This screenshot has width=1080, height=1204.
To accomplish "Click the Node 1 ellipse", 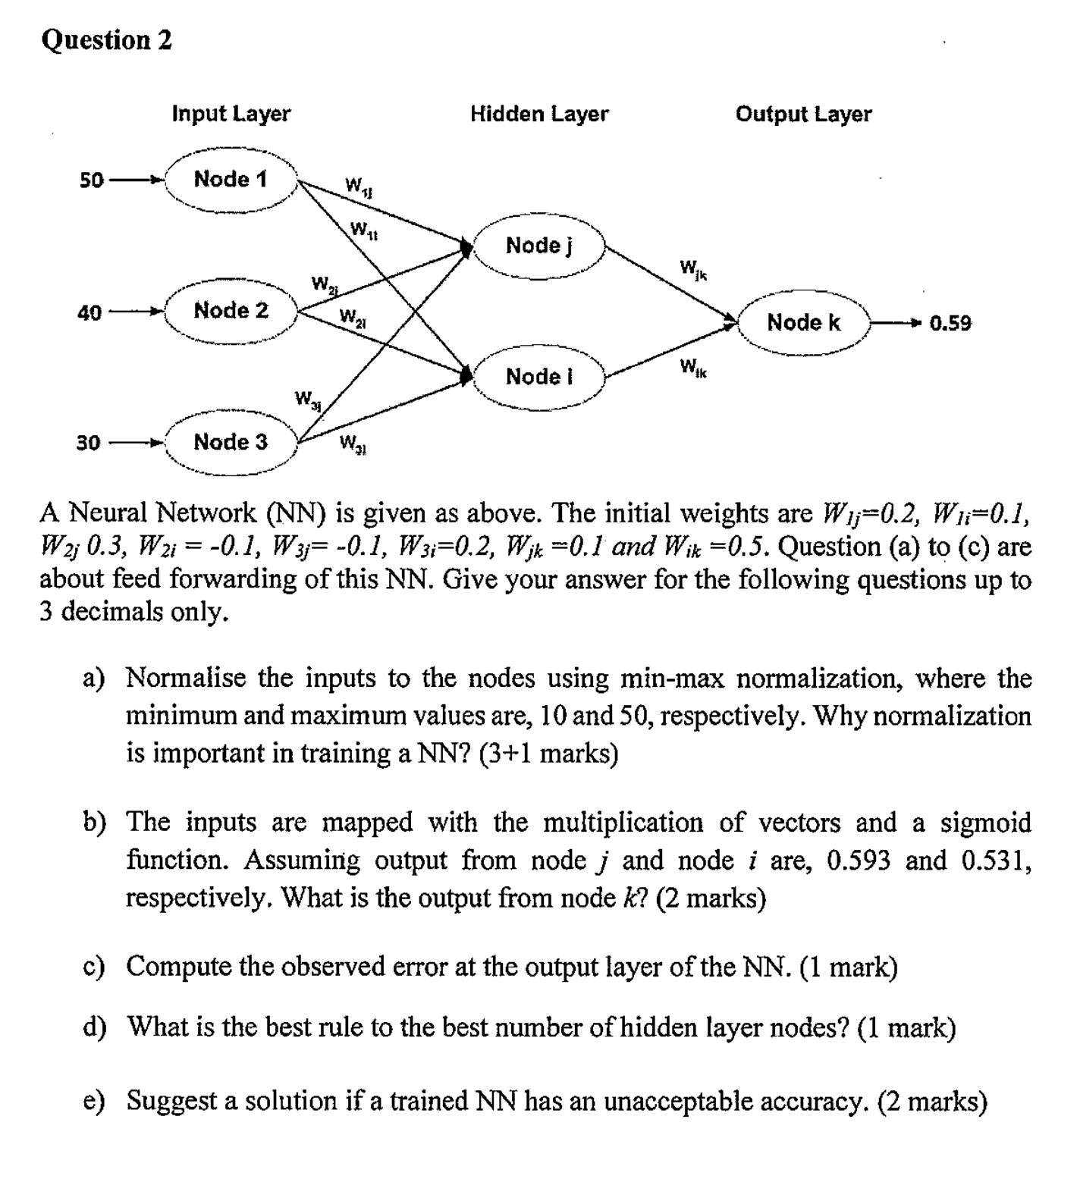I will point(231,180).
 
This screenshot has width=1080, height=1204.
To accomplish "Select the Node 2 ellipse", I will point(231,311).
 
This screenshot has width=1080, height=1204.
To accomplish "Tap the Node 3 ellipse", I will point(231,442).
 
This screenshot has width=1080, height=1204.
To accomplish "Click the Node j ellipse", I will point(539,246).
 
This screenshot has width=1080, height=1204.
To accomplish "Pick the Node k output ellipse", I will point(804,323).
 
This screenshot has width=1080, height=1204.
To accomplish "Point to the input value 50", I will point(91,180).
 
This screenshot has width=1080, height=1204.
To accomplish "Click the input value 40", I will point(89,312).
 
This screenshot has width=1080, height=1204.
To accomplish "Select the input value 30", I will point(89,443).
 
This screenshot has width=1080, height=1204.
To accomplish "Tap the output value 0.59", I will point(950,324).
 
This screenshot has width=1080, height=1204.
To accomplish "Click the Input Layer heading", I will point(231,114).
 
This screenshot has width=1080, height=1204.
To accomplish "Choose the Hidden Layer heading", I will point(539,114).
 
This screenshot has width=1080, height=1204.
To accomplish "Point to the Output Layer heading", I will point(804,114).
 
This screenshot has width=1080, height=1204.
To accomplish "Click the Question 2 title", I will point(106,39).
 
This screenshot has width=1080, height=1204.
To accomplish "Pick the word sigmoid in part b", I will point(986,823).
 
